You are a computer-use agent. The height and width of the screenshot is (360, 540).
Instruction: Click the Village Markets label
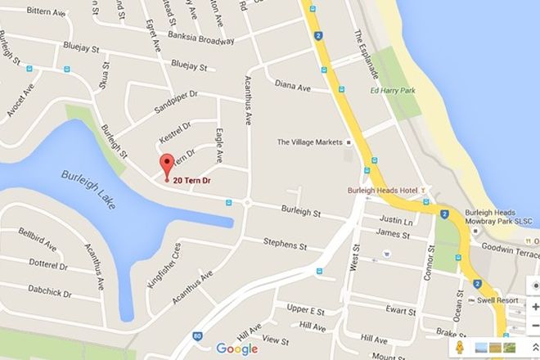point(308,142)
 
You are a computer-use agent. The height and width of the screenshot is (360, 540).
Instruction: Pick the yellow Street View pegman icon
point(461,347)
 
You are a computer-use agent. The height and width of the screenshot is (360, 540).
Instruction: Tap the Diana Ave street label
point(292,84)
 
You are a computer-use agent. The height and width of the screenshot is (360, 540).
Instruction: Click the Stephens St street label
point(285,243)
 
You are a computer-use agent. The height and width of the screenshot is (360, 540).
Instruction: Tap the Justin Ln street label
point(394,221)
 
